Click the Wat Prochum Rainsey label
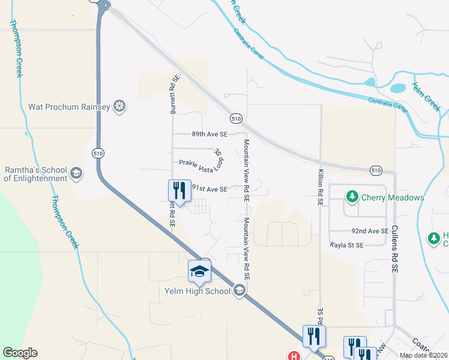69,107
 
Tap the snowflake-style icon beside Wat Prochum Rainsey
119,107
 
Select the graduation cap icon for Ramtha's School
76,173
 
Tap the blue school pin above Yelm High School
199,272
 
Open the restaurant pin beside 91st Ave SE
179,191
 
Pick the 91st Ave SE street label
209,189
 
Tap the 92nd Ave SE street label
370,231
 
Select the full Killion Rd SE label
320,187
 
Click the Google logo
20,353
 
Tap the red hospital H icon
294,356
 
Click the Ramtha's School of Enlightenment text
36,173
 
